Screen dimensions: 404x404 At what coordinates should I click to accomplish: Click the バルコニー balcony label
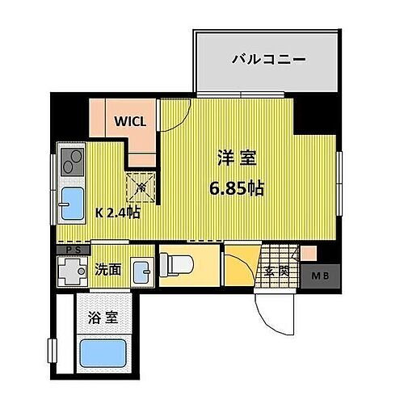(x=267, y=59)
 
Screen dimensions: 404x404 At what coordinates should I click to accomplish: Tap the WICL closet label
(x=130, y=123)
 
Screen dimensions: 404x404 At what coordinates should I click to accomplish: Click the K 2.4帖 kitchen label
(x=119, y=213)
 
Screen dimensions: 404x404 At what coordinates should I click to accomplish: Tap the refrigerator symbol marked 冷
(x=143, y=188)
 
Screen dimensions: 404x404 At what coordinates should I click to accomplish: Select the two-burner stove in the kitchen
(x=71, y=163)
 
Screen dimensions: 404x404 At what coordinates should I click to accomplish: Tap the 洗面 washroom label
(x=108, y=268)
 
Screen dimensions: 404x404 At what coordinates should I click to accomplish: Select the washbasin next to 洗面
(x=142, y=268)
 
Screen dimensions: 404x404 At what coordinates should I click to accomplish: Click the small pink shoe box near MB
(x=307, y=253)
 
